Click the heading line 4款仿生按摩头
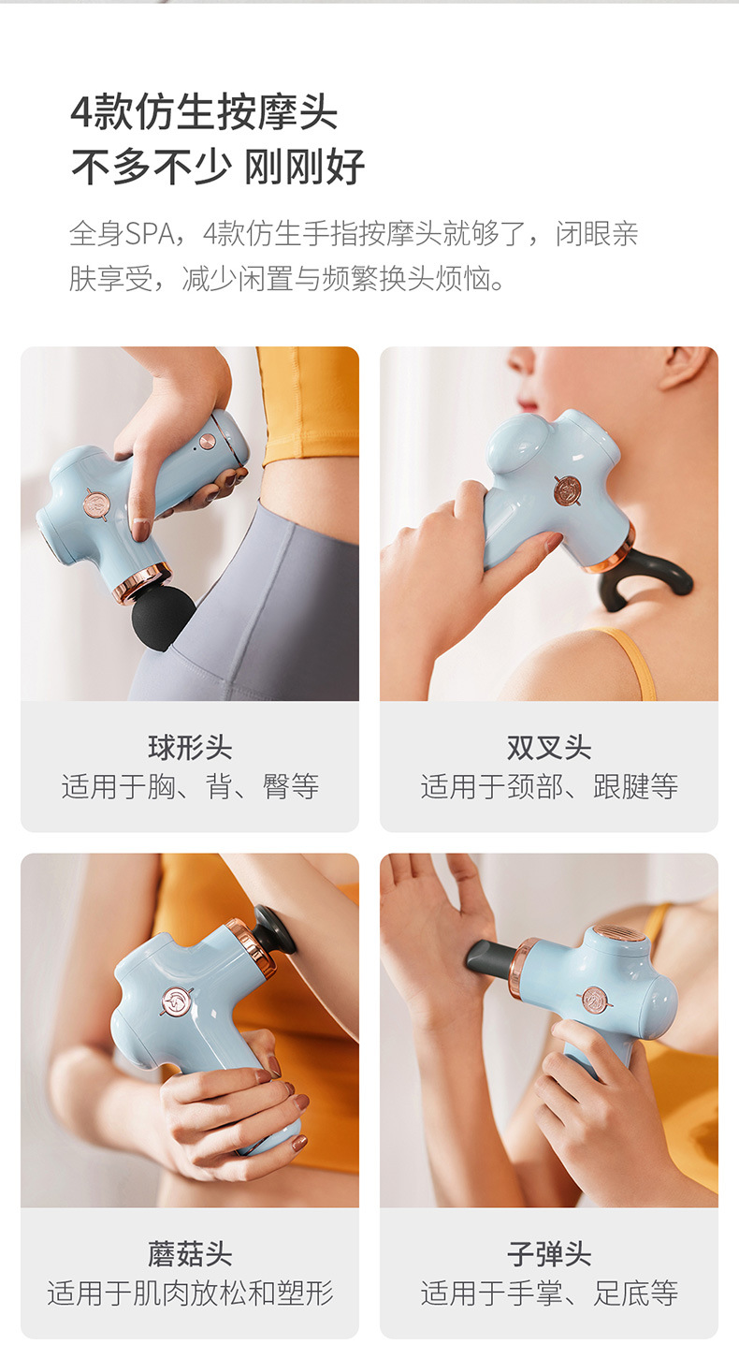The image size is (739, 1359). pos(204,113)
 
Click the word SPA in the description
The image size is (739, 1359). pos(149,234)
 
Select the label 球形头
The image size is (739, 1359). pos(190,748)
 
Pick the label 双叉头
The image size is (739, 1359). pos(549,748)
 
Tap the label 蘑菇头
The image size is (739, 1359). pos(190,1254)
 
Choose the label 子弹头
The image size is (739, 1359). pos(549,1254)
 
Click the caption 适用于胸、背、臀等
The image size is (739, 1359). pos(190,786)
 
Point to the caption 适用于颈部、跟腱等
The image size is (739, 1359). pos(549,786)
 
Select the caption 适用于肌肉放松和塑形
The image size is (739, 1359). pos(190,1293)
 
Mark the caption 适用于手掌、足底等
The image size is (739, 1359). pos(549,1293)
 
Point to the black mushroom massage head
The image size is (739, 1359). pos(275,928)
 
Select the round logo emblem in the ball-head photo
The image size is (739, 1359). pos(95,504)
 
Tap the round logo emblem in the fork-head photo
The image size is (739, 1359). pos(567,490)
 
